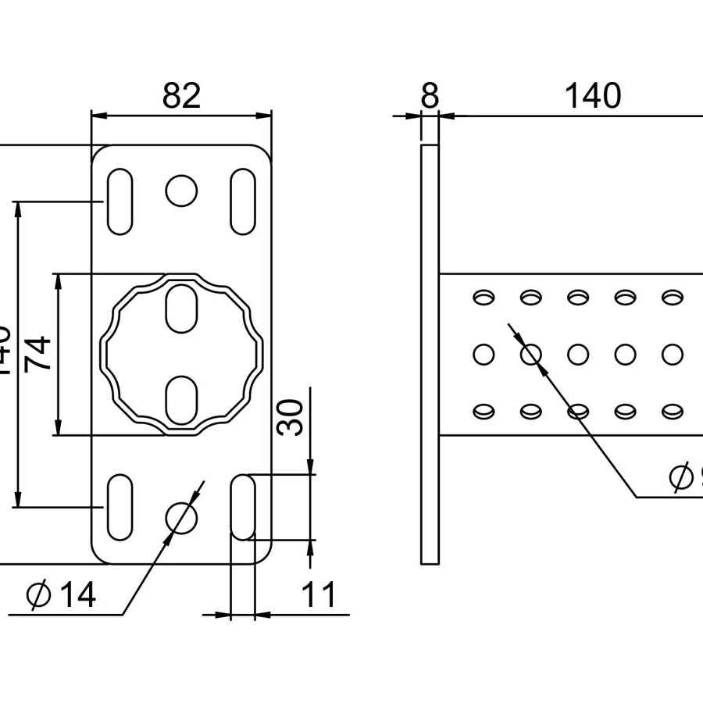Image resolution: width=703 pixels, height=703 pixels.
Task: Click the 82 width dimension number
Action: [181, 96]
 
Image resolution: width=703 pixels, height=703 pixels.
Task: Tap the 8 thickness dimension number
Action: [430, 96]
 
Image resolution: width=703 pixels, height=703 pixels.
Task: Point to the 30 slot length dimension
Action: [291, 418]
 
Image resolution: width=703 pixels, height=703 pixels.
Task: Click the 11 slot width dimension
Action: [319, 595]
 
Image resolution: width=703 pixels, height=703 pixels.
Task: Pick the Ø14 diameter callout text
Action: [62, 596]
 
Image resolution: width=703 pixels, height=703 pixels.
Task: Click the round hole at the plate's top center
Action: [181, 190]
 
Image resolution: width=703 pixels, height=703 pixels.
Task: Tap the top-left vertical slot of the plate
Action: [120, 201]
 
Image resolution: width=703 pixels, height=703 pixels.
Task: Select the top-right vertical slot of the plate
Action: [243, 201]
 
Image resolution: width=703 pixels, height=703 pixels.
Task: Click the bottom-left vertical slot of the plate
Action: [120, 506]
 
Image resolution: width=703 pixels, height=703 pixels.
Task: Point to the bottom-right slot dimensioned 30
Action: [243, 506]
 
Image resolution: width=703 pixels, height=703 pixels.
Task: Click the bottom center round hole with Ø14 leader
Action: [181, 517]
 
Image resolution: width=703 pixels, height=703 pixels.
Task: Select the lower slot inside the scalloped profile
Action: [181, 399]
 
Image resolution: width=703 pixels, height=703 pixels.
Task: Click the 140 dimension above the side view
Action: [593, 96]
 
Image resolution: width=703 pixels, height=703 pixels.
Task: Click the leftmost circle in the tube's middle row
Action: [484, 355]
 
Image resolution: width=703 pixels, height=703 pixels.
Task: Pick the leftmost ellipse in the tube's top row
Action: [484, 297]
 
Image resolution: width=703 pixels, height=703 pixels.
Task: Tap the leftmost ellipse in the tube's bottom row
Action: [484, 410]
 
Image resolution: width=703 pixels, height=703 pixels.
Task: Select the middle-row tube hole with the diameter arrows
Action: [531, 355]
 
